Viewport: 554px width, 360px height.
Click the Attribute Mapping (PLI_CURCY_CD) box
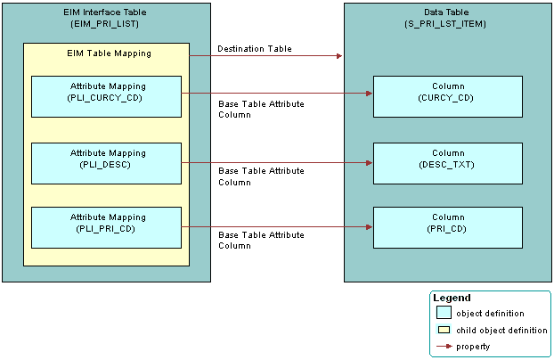[106, 96]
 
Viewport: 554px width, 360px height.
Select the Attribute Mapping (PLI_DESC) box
[106, 163]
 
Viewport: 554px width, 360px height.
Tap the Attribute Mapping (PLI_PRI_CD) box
[106, 227]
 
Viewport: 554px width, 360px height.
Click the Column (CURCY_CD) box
[447, 96]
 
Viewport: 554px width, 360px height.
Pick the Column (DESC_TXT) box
[447, 163]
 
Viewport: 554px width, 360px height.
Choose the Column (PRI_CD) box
[447, 227]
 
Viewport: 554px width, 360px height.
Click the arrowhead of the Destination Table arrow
[338, 56]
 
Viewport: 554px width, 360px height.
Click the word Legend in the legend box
[452, 298]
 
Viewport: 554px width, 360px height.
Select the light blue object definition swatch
[443, 313]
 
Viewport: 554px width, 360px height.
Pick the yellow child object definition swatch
[443, 330]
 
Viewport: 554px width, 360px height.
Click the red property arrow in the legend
[443, 346]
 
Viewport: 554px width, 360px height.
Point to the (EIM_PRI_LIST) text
[106, 23]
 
